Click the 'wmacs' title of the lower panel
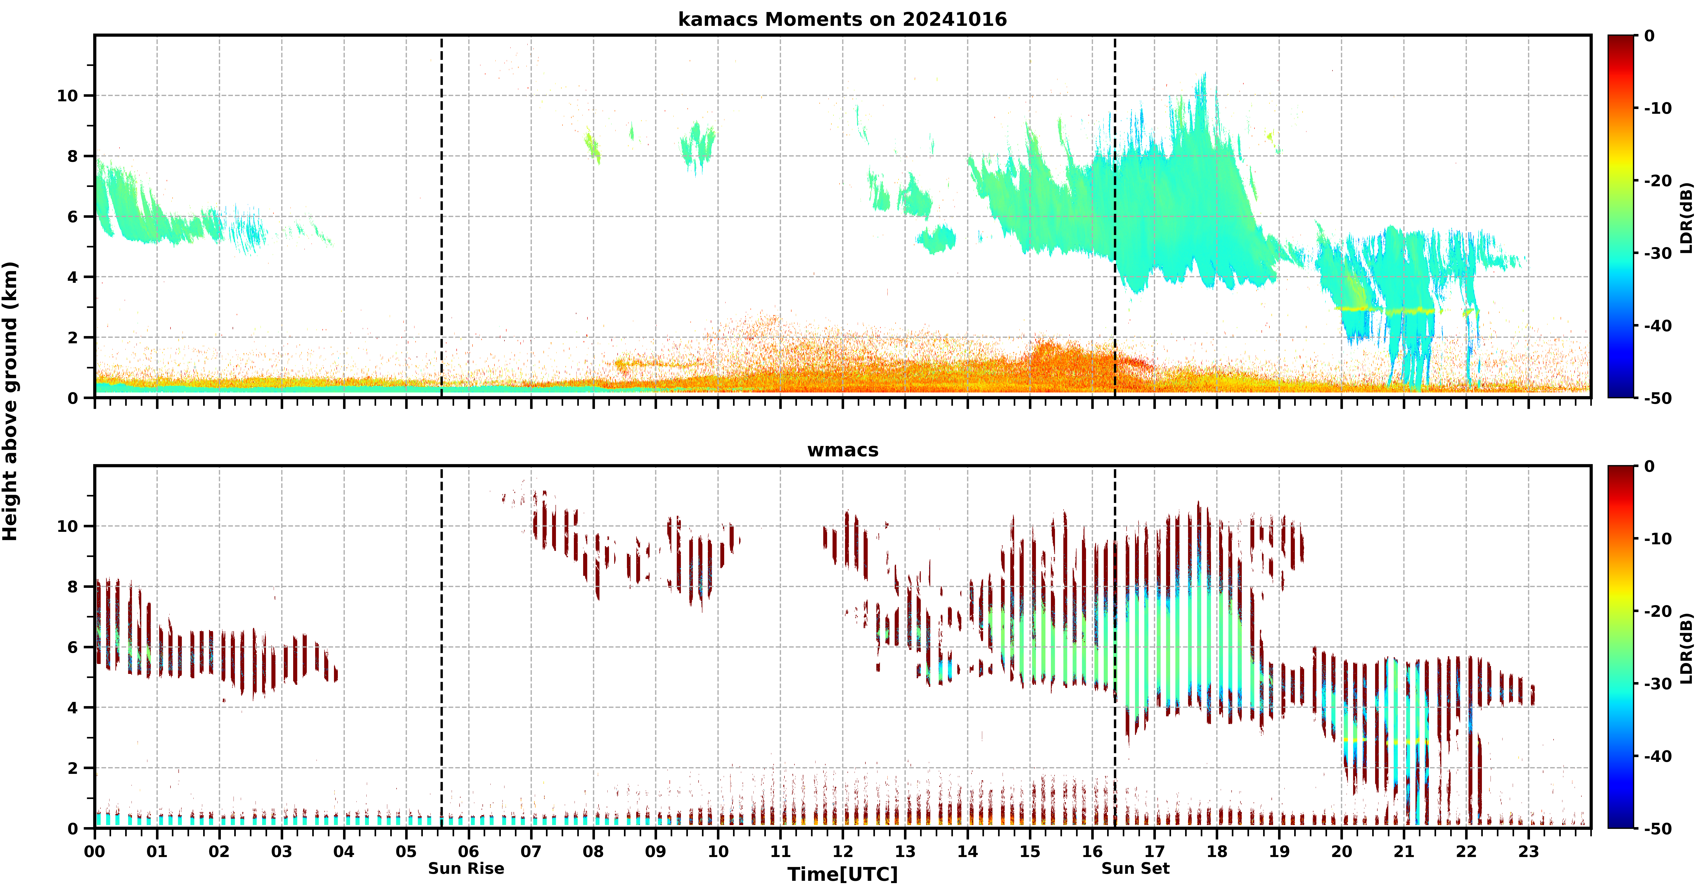pyautogui.click(x=843, y=450)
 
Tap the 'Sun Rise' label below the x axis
pyautogui.click(x=466, y=868)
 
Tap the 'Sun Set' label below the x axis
pyautogui.click(x=1135, y=868)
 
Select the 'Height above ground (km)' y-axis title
pyautogui.click(x=10, y=401)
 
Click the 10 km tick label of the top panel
pyautogui.click(x=68, y=96)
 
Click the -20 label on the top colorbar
pyautogui.click(x=1658, y=181)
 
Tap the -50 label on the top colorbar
pyautogui.click(x=1658, y=398)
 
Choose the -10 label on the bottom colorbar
pyautogui.click(x=1658, y=539)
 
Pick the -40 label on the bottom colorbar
pyautogui.click(x=1658, y=756)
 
